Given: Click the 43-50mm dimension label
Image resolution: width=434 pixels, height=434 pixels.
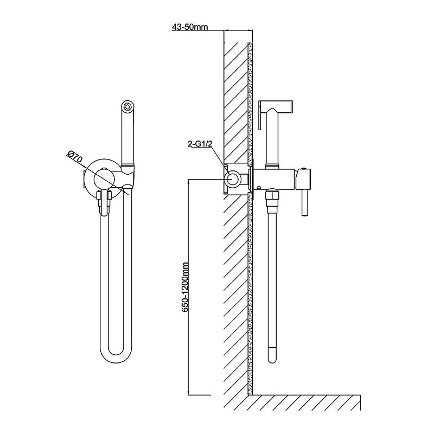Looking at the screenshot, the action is tap(190, 27).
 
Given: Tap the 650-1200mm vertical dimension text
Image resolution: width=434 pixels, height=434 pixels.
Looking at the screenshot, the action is tap(185, 288).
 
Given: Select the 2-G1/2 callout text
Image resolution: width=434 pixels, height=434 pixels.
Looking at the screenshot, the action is tap(201, 144).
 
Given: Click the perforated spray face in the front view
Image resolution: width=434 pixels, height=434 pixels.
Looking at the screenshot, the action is tap(127, 107).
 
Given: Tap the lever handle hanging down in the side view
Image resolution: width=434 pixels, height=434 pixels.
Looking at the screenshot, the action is tap(305, 202).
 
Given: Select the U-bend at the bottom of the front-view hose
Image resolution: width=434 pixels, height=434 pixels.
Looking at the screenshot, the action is tap(116, 356).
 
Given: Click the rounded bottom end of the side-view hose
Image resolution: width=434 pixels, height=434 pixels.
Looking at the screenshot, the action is tap(273, 358).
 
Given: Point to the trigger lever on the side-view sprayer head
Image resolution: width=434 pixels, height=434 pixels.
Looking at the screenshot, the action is tap(260, 114).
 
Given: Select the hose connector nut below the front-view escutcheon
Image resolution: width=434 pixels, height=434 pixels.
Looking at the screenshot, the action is tap(104, 202).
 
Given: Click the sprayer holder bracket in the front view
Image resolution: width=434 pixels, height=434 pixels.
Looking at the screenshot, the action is tap(128, 175).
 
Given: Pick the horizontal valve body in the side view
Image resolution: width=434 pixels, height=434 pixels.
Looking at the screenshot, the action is tap(275, 179).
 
